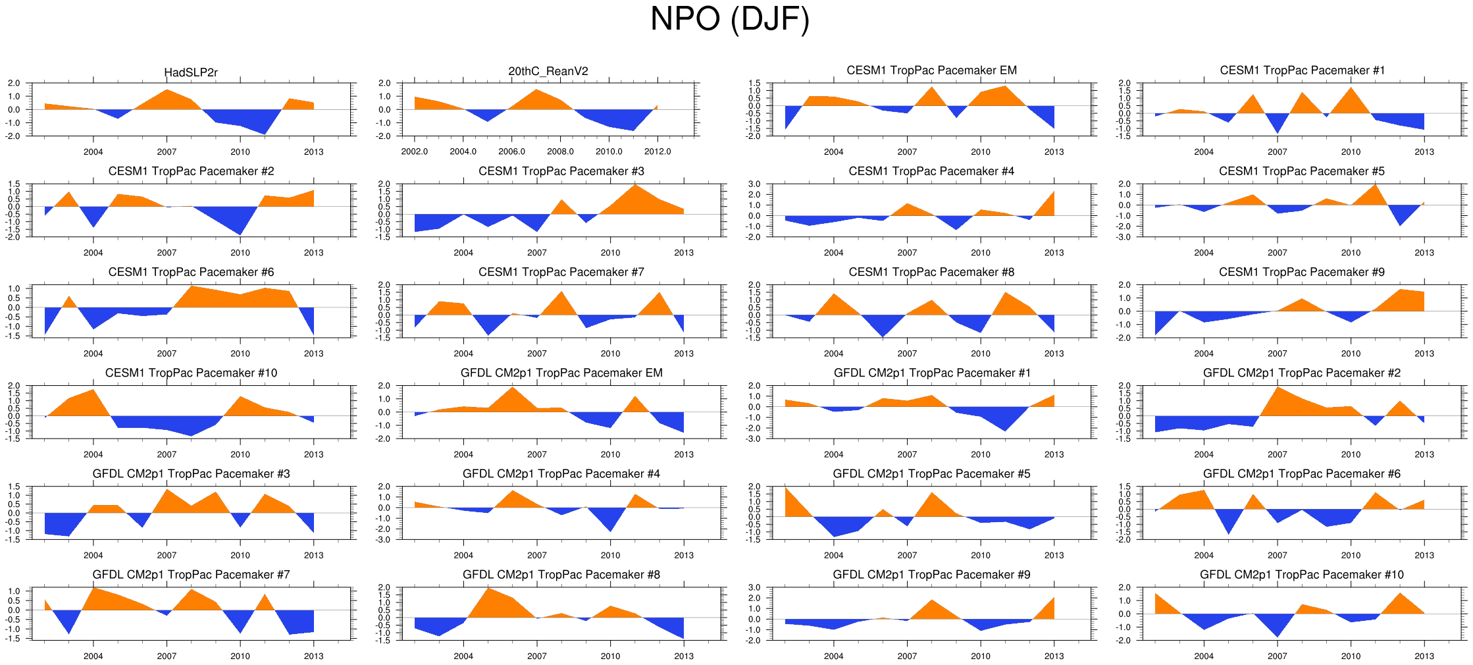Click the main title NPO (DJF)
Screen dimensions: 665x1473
point(729,19)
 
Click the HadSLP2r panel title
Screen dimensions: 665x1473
point(191,72)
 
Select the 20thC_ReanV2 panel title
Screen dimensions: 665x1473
point(548,71)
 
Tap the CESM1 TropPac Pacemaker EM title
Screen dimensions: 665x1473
point(931,70)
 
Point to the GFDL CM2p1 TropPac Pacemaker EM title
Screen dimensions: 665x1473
point(561,373)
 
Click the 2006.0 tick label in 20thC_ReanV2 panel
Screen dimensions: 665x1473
point(511,151)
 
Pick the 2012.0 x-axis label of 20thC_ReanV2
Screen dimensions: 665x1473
point(658,151)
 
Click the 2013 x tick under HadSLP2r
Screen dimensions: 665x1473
point(313,151)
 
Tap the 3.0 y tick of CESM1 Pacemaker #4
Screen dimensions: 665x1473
point(754,184)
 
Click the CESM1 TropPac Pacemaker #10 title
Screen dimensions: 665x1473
point(191,373)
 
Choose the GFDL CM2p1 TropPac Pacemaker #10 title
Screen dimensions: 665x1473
point(1301,575)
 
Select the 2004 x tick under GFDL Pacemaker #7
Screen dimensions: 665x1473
point(93,656)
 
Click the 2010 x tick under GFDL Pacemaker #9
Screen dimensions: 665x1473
point(980,656)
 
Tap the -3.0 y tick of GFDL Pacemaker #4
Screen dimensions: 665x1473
point(384,540)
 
